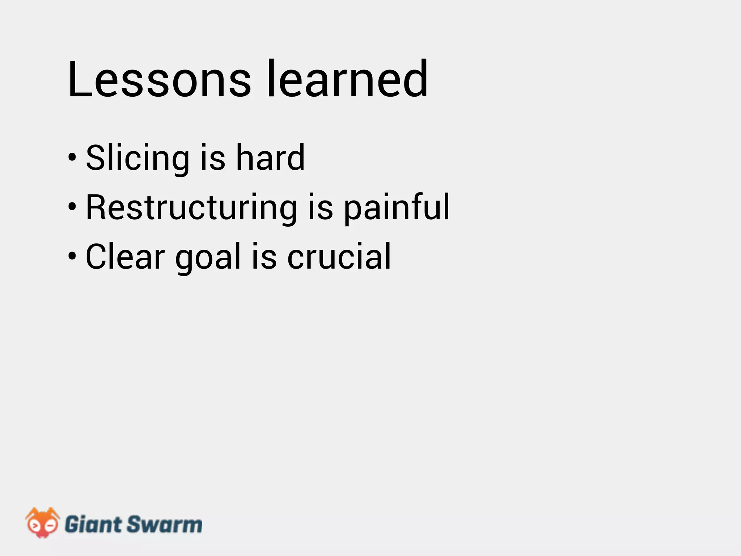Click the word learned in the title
click(347, 79)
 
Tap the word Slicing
click(137, 158)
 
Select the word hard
click(270, 158)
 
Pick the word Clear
click(125, 257)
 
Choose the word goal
click(208, 258)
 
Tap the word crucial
click(339, 257)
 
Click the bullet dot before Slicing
click(72, 158)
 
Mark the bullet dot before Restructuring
click(72, 207)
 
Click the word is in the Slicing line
click(213, 158)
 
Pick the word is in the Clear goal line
click(264, 257)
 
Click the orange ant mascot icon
click(42, 522)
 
